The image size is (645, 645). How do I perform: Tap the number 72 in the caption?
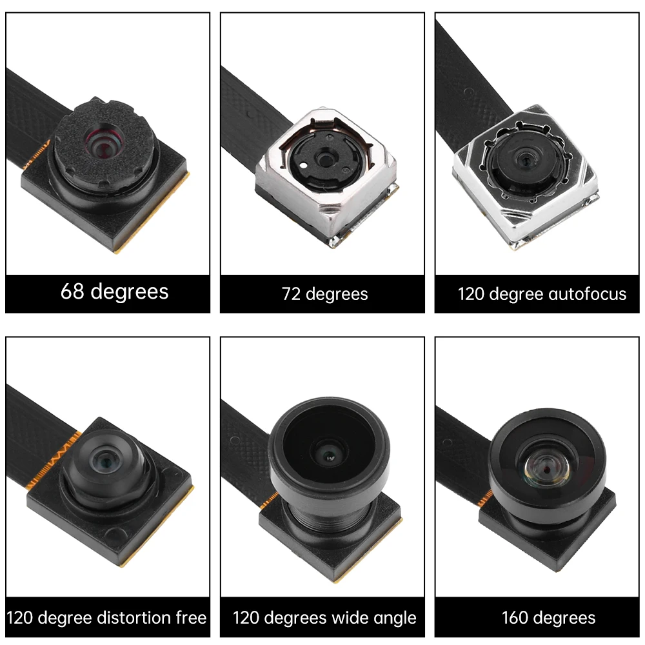pos(291,294)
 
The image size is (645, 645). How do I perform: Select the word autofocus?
pos(588,294)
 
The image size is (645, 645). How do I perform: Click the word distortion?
pos(137,618)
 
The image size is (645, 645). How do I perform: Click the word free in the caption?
pos(191,618)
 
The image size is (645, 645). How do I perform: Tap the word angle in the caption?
pos(395,618)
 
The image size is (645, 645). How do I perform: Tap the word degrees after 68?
pos(130,292)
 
